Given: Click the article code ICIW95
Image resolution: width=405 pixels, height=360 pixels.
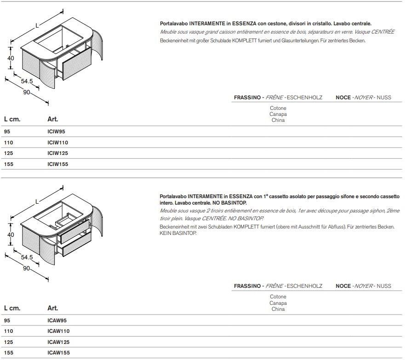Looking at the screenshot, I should tap(57, 131).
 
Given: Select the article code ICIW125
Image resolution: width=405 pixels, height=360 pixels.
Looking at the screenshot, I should tap(58, 153).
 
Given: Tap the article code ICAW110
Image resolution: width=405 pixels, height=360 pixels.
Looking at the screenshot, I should tap(58, 331).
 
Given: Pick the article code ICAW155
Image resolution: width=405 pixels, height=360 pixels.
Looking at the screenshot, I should tap(58, 353).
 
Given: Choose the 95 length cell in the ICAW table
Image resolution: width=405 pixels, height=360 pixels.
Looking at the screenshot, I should tap(7, 320).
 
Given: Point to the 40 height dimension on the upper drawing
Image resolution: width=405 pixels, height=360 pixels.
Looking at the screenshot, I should tap(11, 58).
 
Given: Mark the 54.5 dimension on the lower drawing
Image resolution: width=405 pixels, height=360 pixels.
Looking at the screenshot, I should tap(27, 257).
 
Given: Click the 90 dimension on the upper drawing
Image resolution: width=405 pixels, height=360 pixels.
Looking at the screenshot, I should tap(27, 92).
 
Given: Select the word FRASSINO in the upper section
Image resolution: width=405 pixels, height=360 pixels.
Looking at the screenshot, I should tap(248, 97).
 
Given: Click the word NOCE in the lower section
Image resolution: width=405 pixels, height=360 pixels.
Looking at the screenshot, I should tap(343, 286).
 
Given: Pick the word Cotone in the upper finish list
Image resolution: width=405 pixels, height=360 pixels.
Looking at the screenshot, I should tap(278, 109).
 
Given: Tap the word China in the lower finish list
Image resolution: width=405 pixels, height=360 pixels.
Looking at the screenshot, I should tap(278, 309).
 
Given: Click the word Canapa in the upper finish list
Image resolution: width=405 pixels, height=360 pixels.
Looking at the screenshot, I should tap(278, 114).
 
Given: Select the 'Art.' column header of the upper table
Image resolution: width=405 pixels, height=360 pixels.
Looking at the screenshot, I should tap(53, 119).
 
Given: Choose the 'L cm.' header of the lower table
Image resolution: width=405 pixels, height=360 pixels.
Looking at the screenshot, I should tap(12, 308).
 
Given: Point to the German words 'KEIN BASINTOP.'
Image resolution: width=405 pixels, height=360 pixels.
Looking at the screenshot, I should tap(178, 234).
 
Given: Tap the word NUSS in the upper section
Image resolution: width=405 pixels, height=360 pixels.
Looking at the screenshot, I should tap(384, 97).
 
